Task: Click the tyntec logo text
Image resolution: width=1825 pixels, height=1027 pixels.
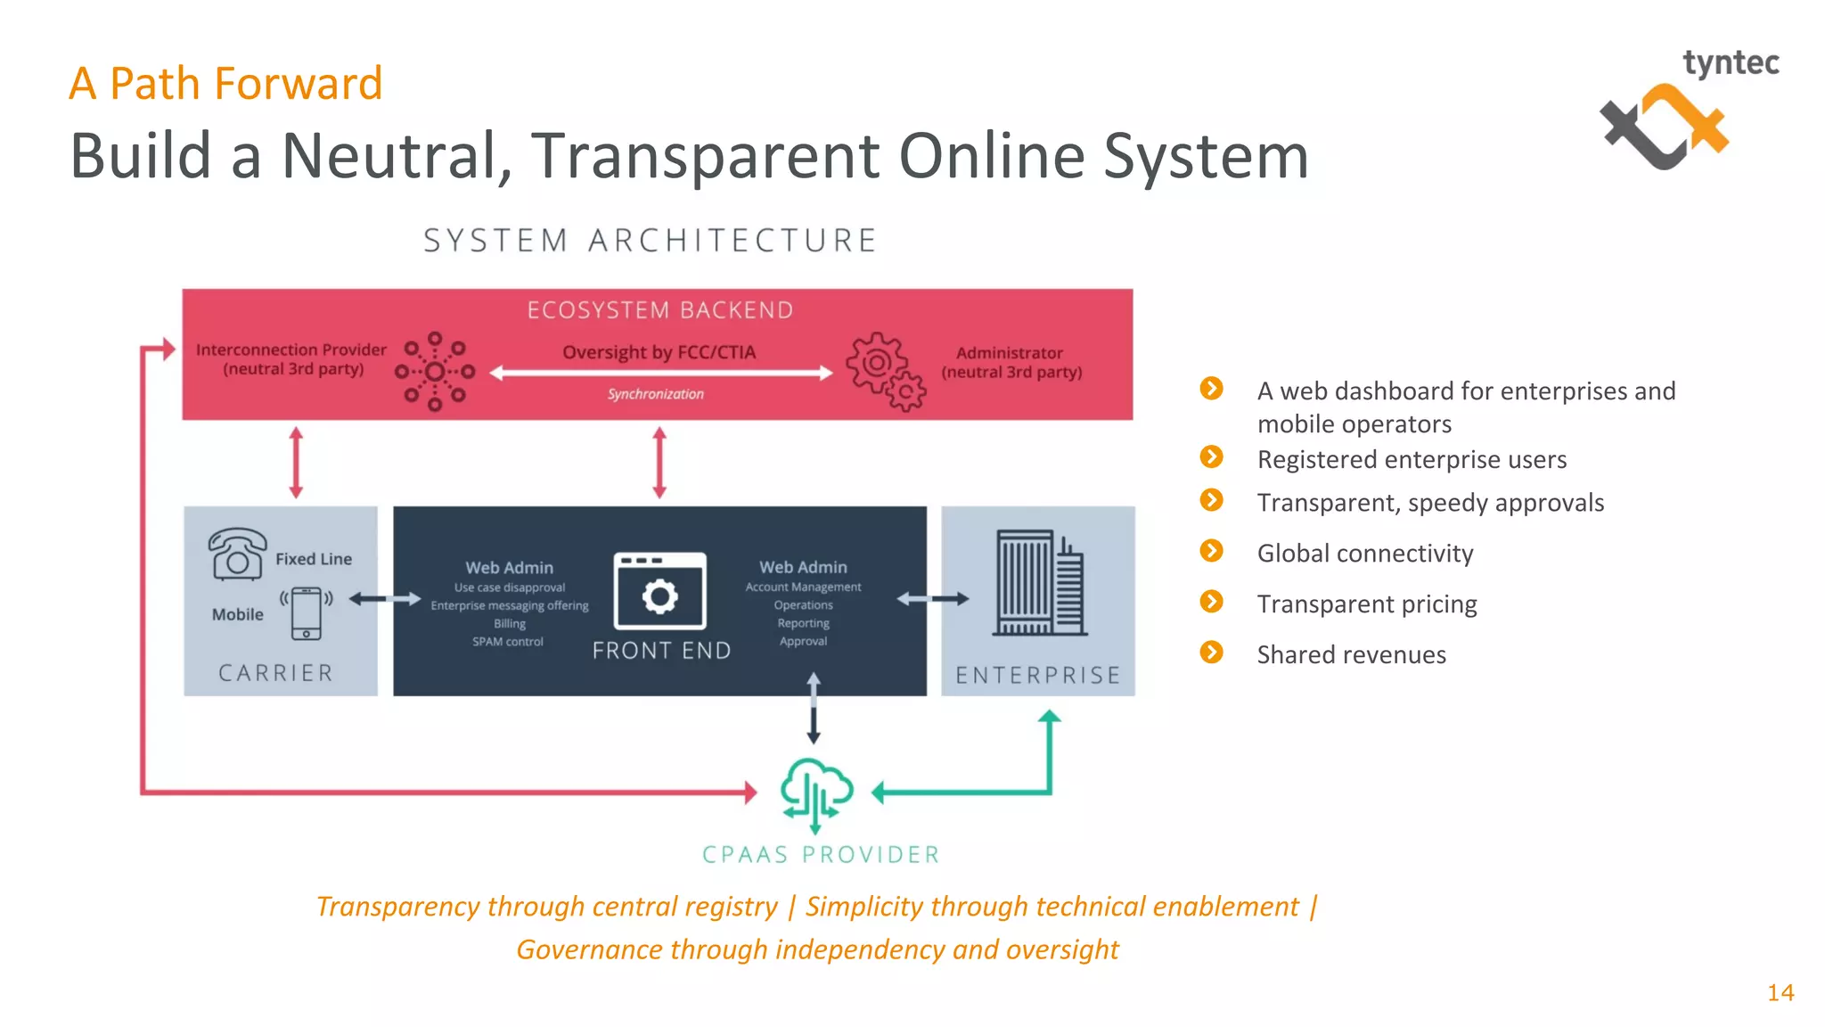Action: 1730,63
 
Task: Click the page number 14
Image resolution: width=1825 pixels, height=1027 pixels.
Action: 1780,992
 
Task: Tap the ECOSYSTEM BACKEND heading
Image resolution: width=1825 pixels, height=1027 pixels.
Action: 659,310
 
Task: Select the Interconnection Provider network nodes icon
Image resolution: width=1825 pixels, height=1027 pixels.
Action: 435,372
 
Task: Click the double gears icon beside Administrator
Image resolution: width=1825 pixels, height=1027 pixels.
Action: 886,372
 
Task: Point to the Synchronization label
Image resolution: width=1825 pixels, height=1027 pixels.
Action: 655,394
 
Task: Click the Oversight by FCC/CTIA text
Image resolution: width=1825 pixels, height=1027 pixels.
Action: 659,352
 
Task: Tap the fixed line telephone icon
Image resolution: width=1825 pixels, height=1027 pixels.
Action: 237,554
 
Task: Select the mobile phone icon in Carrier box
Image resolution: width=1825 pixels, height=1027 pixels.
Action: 306,612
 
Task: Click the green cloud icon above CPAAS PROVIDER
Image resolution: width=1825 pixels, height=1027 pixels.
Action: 816,791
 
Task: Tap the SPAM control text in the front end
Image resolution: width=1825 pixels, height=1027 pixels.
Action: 507,642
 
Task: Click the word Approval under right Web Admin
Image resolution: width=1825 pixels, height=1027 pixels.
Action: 803,641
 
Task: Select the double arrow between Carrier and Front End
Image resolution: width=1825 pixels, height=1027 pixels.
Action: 385,599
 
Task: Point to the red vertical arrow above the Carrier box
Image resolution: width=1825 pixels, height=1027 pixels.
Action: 297,462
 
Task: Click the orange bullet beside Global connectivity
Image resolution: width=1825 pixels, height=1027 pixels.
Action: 1211,551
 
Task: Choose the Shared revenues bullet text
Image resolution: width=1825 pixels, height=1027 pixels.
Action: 1351,654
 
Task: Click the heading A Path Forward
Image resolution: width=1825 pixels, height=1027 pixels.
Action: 225,84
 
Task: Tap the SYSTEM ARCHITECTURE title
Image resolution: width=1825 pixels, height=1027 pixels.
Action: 651,241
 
